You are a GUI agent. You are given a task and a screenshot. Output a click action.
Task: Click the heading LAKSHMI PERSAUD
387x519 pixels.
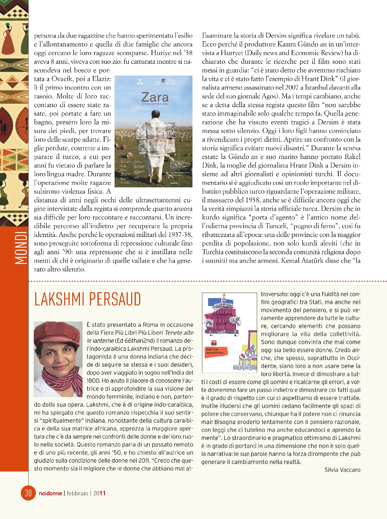pyautogui.click(x=88, y=299)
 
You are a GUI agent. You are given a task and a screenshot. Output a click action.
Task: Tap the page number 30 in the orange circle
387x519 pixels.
pyautogui.click(x=28, y=493)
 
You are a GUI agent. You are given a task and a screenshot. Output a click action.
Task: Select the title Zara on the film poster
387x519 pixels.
pyautogui.click(x=155, y=97)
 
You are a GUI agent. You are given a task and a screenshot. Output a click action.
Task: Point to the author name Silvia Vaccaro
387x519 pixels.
pyautogui.click(x=342, y=470)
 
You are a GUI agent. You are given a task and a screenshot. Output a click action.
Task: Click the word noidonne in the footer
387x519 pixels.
pyautogui.click(x=50, y=493)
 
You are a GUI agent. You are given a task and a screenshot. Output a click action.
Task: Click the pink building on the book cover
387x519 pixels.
pyautogui.click(x=223, y=319)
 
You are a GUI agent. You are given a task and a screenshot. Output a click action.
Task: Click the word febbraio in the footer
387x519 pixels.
pyautogui.click(x=77, y=493)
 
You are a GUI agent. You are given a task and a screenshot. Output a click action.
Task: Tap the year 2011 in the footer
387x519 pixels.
pyautogui.click(x=99, y=493)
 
